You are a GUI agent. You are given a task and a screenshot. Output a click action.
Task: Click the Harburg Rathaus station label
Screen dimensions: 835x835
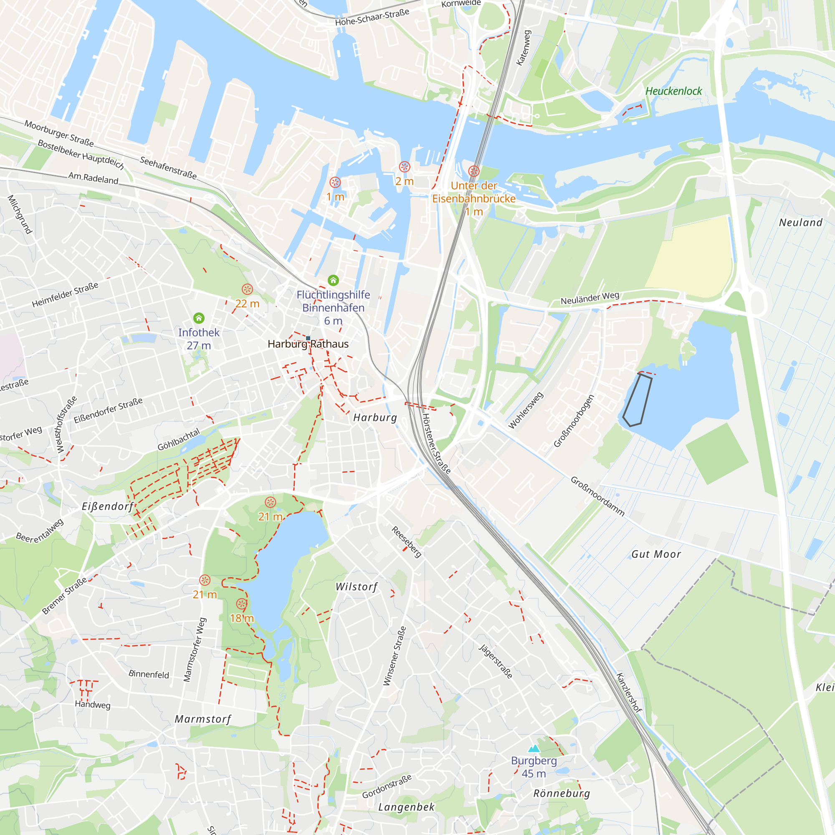[308, 344]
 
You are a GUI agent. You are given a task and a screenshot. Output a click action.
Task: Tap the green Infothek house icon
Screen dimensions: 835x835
[199, 318]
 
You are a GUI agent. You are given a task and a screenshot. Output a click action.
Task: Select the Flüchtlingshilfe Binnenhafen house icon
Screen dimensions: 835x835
[333, 280]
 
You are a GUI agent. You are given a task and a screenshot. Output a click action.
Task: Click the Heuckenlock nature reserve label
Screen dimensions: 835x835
[673, 91]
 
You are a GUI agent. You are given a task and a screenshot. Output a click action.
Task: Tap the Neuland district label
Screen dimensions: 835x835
[800, 223]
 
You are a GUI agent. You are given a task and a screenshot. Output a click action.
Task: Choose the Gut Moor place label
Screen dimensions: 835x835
[655, 554]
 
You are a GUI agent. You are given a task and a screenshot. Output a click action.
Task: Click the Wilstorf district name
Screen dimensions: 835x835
[357, 587]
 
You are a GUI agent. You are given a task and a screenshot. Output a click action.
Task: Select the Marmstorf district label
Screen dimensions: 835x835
[203, 719]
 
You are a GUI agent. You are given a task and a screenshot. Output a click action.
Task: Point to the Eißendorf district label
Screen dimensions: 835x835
[108, 506]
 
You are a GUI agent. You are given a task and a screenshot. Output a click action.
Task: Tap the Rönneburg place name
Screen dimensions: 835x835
[562, 794]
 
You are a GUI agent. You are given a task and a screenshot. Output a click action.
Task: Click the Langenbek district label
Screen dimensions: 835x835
[406, 807]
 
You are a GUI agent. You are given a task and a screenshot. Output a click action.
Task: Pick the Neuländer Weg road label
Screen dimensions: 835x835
[590, 298]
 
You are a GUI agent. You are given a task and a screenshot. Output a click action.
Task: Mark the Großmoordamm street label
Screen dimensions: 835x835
[598, 496]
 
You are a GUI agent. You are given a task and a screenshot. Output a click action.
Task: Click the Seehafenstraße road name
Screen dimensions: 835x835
[168, 168]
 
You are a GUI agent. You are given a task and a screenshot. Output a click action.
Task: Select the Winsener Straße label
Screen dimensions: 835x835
[395, 656]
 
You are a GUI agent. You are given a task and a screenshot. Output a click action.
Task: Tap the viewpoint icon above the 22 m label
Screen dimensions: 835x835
[247, 289]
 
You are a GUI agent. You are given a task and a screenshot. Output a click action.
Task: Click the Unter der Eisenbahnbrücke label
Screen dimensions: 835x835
[474, 192]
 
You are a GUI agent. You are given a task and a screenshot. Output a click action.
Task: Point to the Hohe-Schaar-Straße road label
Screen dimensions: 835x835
[372, 17]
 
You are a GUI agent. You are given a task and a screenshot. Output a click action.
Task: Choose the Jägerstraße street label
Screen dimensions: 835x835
[496, 661]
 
